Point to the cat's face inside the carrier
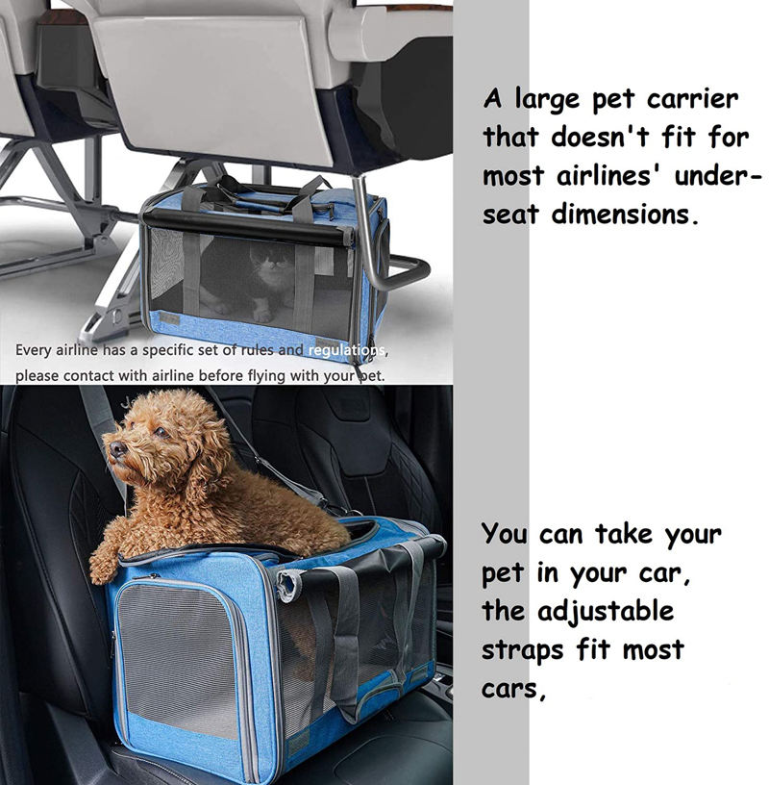pyautogui.click(x=273, y=262)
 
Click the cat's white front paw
pyautogui.click(x=261, y=315)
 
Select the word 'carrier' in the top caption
pyautogui.click(x=692, y=99)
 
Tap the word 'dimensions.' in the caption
pyautogui.click(x=625, y=215)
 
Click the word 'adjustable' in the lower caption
pyautogui.click(x=606, y=612)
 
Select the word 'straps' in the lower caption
pyautogui.click(x=523, y=651)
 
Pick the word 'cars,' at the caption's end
pyautogui.click(x=513, y=690)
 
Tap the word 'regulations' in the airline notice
pyautogui.click(x=346, y=350)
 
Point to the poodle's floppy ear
pyautogui.click(x=204, y=463)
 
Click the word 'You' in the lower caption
pyautogui.click(x=505, y=534)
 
